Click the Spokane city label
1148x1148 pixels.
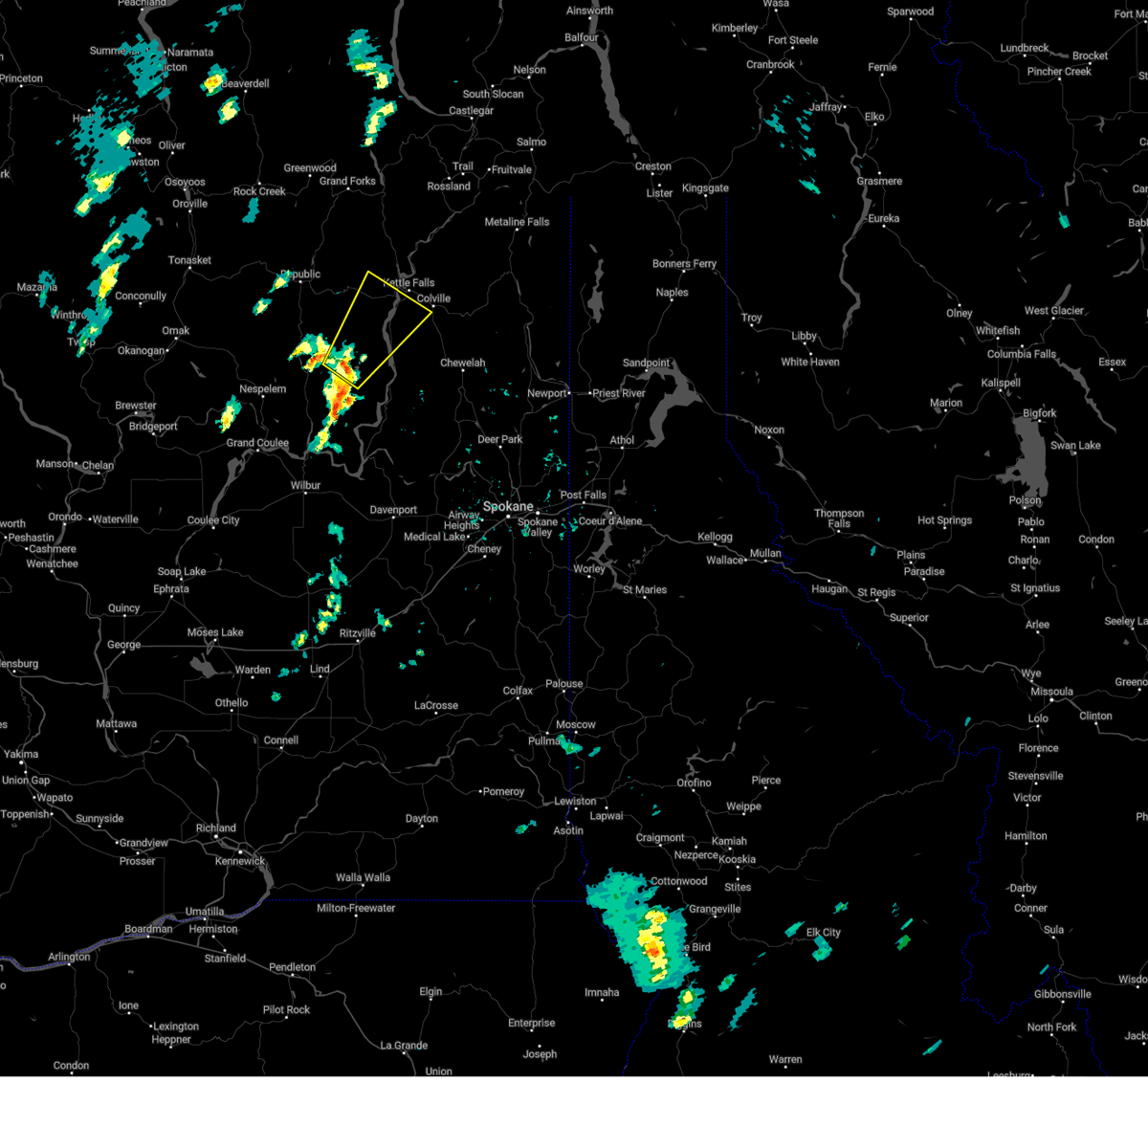508,506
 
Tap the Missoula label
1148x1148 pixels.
1050,692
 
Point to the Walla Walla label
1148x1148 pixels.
363,877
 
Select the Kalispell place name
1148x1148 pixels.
1001,383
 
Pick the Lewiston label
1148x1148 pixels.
575,801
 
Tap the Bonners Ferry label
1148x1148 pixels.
684,264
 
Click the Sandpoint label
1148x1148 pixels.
647,364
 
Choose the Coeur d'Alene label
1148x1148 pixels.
610,521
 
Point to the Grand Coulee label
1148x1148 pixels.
257,443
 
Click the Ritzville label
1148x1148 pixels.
358,633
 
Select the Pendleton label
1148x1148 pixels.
292,967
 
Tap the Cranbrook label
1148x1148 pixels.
770,65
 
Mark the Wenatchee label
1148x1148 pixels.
52,563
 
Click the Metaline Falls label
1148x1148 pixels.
517,222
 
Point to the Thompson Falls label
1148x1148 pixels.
839,519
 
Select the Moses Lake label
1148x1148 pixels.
215,632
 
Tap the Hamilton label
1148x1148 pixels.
1026,836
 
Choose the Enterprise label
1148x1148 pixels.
531,1023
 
